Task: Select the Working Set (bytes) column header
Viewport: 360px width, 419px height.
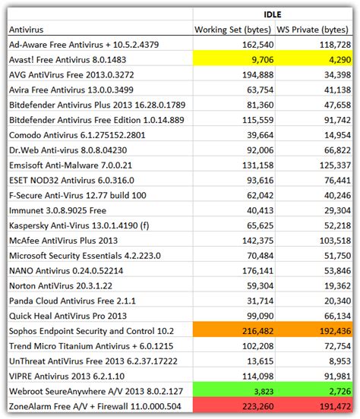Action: [228, 29]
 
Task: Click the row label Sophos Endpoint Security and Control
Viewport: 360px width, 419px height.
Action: [91, 331]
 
